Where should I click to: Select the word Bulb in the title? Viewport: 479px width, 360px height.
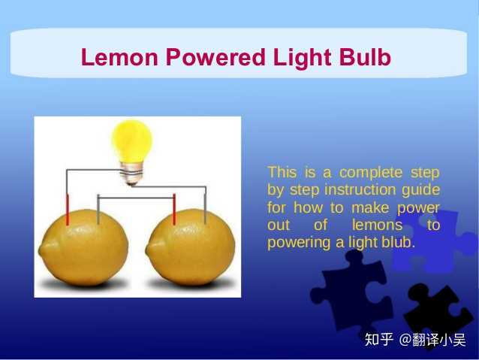tap(364, 58)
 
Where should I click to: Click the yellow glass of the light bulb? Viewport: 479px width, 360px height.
tap(131, 141)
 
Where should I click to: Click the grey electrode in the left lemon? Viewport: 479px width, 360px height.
tap(98, 210)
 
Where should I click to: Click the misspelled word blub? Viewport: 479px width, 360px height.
tap(399, 244)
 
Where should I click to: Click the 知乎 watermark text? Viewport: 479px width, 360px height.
tap(378, 340)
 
